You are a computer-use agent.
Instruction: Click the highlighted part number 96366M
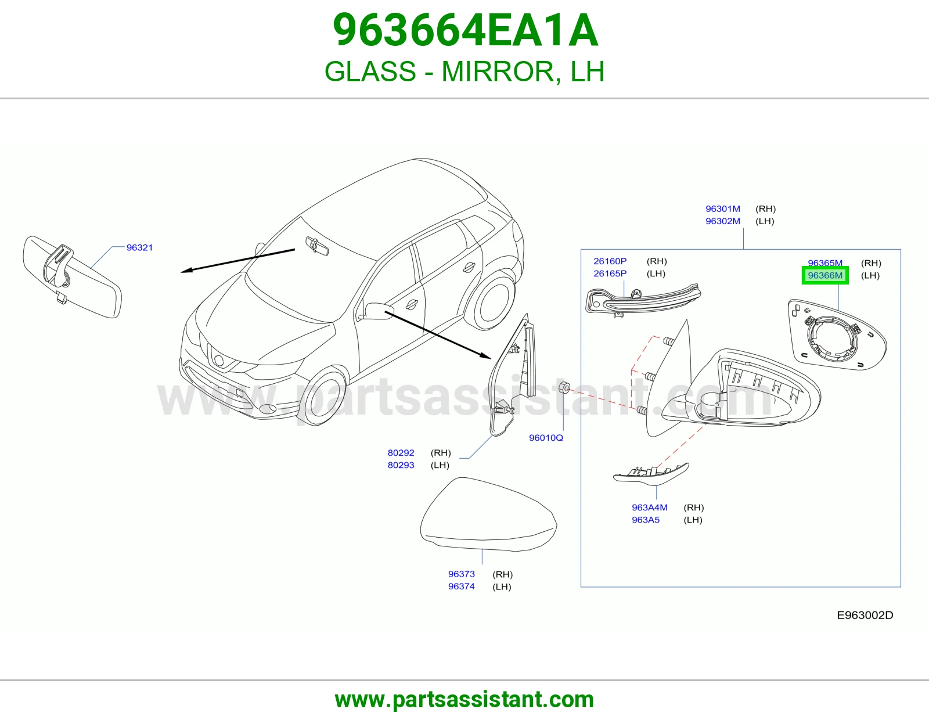pos(824,275)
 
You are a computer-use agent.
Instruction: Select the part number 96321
pos(139,247)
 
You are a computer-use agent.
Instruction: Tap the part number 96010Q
pos(546,438)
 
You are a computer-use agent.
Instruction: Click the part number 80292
pos(401,452)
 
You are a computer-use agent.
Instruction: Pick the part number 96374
pos(461,586)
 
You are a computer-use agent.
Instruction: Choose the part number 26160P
pos(610,261)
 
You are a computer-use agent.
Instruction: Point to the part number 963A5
pos(646,520)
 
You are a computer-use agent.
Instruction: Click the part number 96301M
pos(722,208)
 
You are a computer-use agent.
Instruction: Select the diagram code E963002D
pos(865,615)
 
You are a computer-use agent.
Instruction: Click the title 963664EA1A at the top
pos(465,30)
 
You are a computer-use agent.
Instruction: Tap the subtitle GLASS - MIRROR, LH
pos(464,71)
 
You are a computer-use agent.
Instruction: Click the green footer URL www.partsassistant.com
pos(464,700)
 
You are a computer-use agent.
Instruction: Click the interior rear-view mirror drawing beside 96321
pos(72,276)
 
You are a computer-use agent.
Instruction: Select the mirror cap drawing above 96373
pos(488,514)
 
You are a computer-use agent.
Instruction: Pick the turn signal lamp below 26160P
pos(643,298)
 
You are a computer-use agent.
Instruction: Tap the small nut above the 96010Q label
pos(564,387)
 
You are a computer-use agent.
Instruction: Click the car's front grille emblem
pos(219,360)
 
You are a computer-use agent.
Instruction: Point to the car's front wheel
pos(323,396)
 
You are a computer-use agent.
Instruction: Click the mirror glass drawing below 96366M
pos(837,334)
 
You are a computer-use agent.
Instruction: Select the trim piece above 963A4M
pos(651,474)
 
